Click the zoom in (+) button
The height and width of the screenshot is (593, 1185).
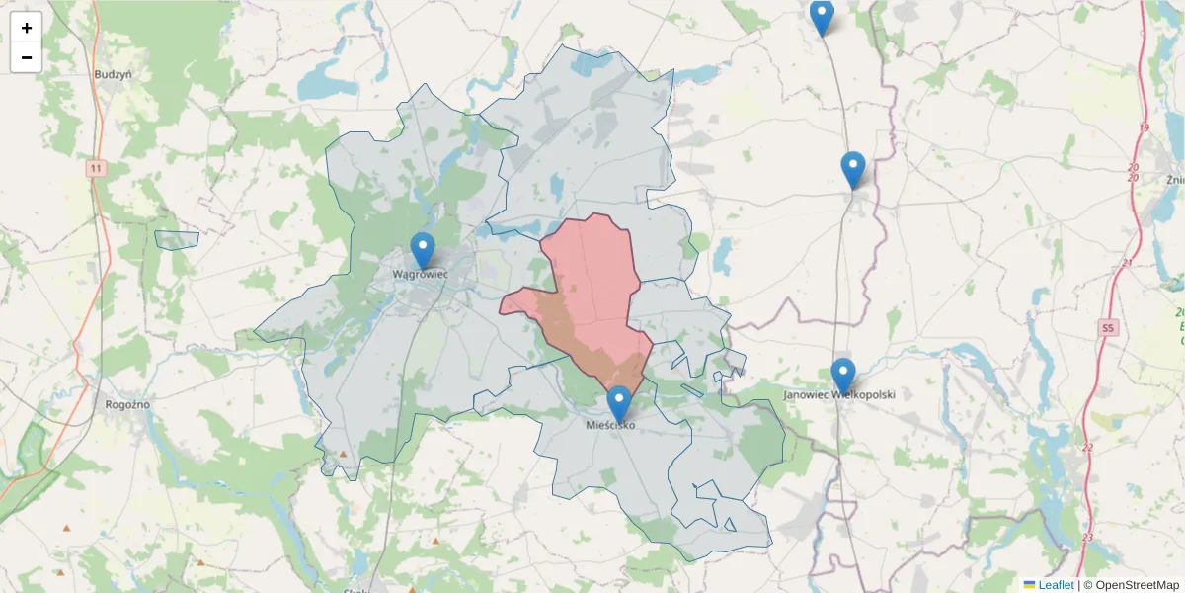pos(27,28)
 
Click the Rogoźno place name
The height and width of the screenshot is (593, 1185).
pos(126,403)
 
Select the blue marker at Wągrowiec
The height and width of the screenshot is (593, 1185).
pos(423,251)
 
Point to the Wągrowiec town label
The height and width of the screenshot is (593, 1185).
pos(421,273)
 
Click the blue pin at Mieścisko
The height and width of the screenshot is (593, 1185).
pos(619,404)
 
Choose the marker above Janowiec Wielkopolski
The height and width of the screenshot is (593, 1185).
pos(842,376)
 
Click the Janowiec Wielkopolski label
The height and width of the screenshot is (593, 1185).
pos(839,394)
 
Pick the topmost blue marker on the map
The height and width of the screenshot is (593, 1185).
pos(822,17)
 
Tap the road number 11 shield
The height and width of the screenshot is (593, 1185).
pos(95,168)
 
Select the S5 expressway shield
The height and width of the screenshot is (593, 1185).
pos(1107,327)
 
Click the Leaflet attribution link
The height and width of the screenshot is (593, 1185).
pos(1055,585)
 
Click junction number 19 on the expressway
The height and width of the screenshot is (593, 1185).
pos(1144,128)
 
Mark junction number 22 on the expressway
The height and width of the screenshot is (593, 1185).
pos(1088,448)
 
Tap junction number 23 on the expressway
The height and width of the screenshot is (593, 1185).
pos(1088,537)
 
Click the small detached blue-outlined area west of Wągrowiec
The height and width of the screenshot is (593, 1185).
pos(177,239)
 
